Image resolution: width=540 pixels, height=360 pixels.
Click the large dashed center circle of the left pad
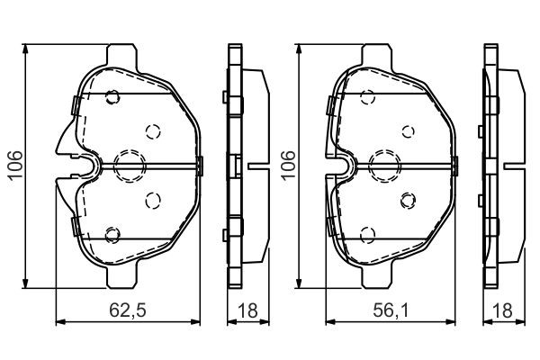[128, 163]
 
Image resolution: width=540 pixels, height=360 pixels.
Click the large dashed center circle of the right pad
[384, 163]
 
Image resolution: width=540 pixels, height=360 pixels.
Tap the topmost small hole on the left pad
[112, 98]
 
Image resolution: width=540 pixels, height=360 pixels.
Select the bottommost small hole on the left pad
[112, 236]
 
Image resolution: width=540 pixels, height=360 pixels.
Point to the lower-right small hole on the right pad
[407, 199]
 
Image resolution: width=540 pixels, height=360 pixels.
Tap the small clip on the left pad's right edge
[199, 164]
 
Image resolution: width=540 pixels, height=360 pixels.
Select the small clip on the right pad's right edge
[455, 164]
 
